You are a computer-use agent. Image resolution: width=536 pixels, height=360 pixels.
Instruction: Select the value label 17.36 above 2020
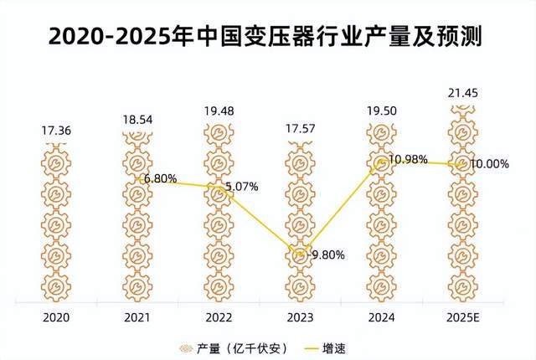(59, 131)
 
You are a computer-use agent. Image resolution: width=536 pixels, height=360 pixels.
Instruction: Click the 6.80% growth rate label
(160, 178)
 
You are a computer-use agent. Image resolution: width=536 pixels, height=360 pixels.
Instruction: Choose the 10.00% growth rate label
(489, 164)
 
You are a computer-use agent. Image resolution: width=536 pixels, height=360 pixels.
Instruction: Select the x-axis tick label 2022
(219, 317)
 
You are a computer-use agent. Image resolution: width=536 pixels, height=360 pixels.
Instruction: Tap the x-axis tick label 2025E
(461, 317)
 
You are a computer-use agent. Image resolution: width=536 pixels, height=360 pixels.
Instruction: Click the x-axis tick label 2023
(301, 317)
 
